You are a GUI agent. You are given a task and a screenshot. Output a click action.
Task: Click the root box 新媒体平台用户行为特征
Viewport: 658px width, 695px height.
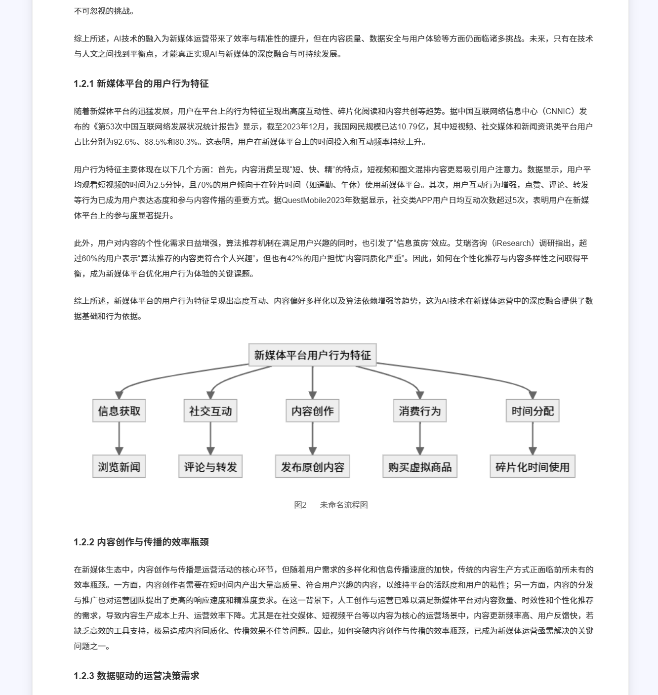(312, 355)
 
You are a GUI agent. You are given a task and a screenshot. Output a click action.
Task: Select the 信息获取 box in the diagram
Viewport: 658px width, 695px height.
(119, 411)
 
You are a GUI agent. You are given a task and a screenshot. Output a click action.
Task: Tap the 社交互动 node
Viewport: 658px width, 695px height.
(210, 411)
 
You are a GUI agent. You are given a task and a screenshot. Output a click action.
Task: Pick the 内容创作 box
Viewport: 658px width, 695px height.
(312, 411)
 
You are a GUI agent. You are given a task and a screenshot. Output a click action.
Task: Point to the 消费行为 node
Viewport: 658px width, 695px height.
(420, 411)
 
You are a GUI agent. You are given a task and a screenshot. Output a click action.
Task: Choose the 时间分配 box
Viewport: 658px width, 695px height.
(533, 411)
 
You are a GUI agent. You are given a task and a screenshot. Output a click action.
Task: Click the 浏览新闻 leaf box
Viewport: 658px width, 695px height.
(119, 467)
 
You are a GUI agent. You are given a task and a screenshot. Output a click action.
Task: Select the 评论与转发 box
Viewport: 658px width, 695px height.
(210, 467)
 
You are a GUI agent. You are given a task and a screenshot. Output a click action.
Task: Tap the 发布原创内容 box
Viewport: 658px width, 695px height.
(312, 467)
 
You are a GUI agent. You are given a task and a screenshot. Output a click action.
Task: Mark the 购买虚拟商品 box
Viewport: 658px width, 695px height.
(420, 467)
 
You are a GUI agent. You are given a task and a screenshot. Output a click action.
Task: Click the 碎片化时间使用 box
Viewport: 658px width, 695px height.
(533, 467)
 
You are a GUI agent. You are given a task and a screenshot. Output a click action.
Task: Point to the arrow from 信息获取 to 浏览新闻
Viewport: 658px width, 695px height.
(119, 439)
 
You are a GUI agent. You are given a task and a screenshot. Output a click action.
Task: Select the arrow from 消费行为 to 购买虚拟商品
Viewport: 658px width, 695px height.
(420, 439)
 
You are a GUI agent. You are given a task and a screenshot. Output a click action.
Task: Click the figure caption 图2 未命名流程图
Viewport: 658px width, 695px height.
(330, 505)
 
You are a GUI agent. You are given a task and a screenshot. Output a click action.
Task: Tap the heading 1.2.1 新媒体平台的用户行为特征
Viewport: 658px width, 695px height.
(141, 83)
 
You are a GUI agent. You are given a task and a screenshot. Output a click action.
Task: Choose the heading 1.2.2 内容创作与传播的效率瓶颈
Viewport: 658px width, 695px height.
(141, 542)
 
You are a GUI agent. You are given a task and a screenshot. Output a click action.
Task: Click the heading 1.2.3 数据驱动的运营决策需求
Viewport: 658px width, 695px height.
(136, 676)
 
